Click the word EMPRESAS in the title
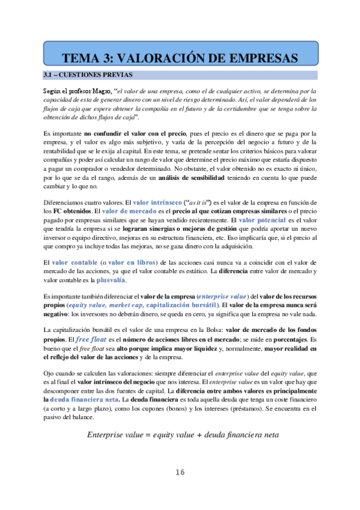257,58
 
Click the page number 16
180,473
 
